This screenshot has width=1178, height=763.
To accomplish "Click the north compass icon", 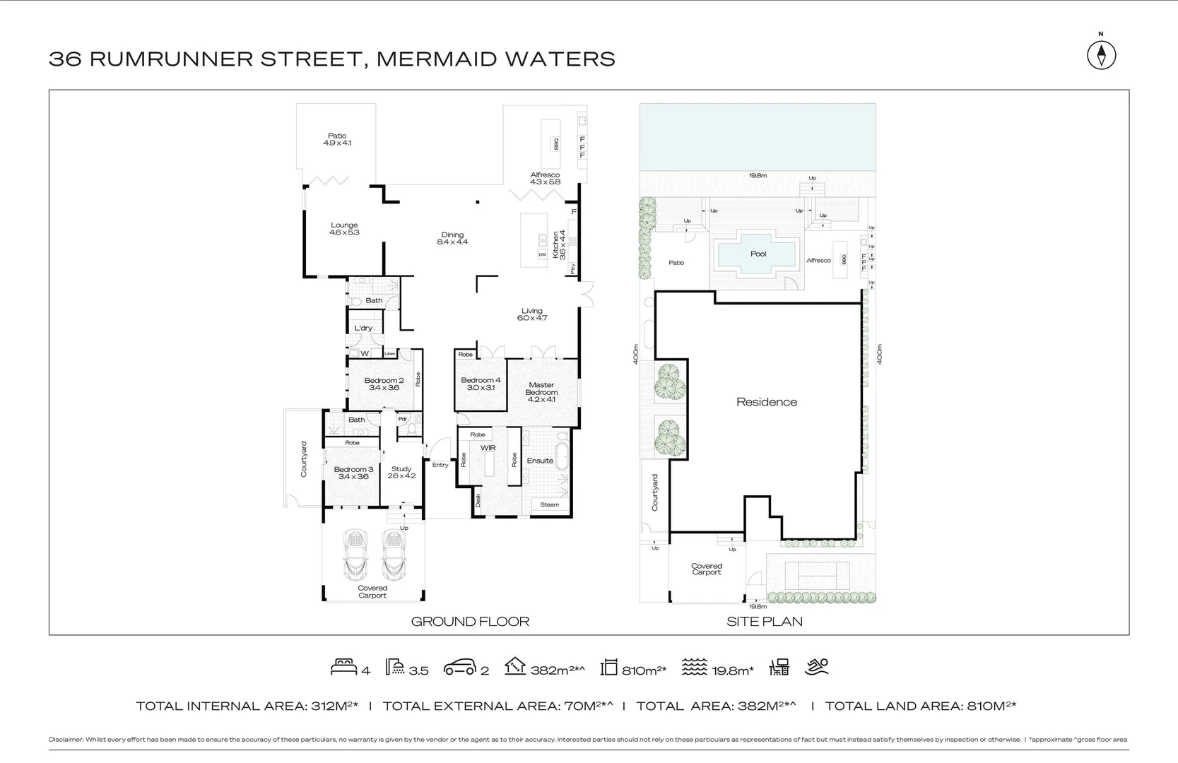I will (x=1101, y=55).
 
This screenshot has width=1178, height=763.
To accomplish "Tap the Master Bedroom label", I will (x=541, y=392).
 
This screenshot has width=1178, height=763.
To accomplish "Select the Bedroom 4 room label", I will (x=481, y=384).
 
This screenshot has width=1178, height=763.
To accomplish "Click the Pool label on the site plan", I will (x=758, y=254).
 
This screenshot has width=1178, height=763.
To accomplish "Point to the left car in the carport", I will (x=355, y=555).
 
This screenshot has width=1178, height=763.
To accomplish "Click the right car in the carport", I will (x=393, y=555).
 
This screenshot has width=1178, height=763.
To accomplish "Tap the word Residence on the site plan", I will (x=766, y=402).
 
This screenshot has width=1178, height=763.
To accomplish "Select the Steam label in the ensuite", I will (x=549, y=504).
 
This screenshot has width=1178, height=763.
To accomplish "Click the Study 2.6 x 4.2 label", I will (x=401, y=472).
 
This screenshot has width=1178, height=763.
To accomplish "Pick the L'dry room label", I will (x=363, y=328).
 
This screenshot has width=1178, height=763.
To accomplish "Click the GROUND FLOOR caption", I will (x=470, y=622).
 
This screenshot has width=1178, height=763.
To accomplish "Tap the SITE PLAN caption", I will (x=765, y=622).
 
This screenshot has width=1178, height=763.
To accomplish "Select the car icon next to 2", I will (x=459, y=668).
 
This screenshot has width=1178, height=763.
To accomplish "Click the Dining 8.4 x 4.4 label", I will (x=452, y=238).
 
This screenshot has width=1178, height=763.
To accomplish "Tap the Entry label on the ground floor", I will (x=440, y=465).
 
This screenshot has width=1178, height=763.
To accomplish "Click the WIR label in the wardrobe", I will (x=488, y=448).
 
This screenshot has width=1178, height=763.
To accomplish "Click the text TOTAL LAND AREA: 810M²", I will (x=920, y=706).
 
